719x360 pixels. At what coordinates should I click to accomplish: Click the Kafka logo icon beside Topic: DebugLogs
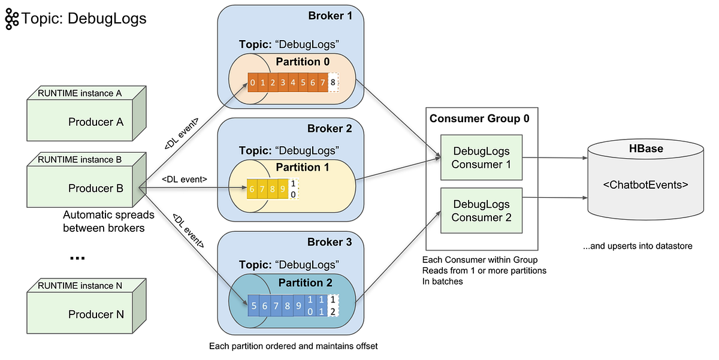point(11,19)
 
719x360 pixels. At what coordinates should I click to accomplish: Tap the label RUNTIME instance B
point(80,160)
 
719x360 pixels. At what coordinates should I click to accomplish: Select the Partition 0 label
point(303,61)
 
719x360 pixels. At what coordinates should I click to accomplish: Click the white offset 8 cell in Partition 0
point(333,82)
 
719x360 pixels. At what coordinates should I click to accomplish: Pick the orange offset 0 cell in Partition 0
point(253,82)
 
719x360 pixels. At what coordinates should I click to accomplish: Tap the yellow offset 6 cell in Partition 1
point(252,188)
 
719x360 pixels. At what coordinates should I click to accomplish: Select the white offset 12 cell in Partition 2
point(333,304)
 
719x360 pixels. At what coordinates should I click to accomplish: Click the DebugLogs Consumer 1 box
point(482,158)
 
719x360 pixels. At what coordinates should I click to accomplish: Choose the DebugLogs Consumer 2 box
point(482,211)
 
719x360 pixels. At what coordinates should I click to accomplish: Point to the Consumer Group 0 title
point(479,118)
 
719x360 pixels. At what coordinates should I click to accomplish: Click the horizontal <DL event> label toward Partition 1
point(185,179)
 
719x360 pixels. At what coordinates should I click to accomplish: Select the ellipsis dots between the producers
point(77,258)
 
